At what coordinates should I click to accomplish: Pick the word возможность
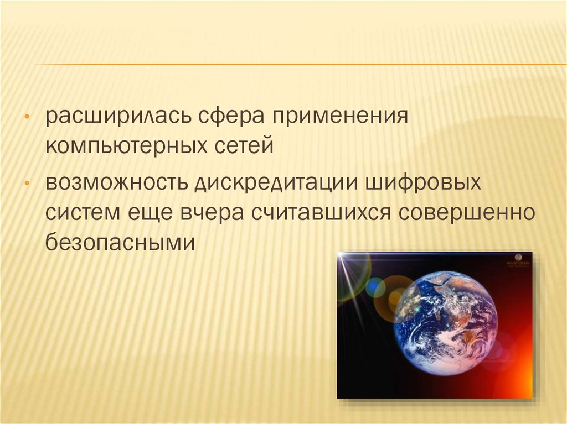pyautogui.click(x=116, y=183)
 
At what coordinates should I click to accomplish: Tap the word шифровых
pyautogui.click(x=423, y=183)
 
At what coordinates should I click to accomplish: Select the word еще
pyautogui.click(x=150, y=213)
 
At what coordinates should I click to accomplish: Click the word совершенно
pyautogui.click(x=467, y=213)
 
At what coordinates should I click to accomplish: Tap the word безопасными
pyautogui.click(x=120, y=242)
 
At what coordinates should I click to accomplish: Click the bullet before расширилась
pyautogui.click(x=27, y=117)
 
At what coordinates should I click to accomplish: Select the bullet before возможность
pyautogui.click(x=27, y=184)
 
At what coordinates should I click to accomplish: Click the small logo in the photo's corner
pyautogui.click(x=518, y=260)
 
